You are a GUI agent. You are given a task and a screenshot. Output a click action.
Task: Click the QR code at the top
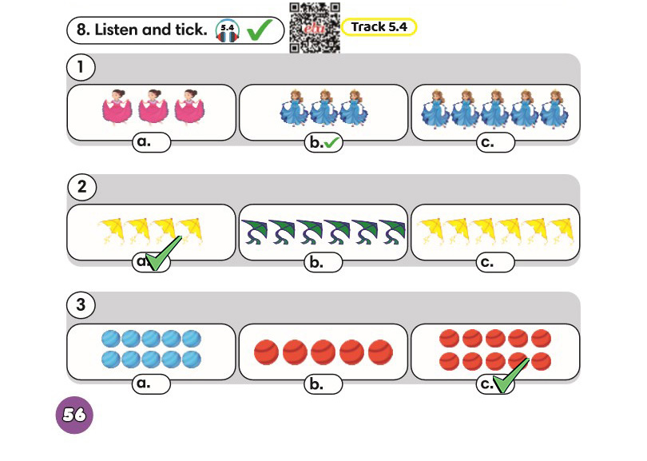(315, 28)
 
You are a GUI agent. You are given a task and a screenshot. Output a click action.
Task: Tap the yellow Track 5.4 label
(379, 27)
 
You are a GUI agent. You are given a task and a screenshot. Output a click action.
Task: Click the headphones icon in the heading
(228, 30)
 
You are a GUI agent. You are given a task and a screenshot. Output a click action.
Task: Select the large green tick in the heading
(259, 30)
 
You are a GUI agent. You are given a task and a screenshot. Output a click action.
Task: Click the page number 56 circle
(74, 415)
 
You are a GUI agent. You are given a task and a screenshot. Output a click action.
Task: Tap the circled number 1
(81, 67)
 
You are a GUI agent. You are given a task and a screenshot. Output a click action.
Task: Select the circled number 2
(82, 187)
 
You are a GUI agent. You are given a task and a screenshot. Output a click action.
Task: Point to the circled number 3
(81, 305)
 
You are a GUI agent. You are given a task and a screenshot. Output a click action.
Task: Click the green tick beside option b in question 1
(331, 143)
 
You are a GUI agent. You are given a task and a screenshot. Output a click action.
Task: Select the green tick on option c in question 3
(510, 376)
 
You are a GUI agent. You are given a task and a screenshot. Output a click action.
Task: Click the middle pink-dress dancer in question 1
(153, 106)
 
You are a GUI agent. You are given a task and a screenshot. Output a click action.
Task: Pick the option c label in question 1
(495, 142)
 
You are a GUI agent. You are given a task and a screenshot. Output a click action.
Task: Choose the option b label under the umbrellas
(323, 263)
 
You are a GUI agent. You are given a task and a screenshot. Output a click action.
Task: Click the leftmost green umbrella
(254, 232)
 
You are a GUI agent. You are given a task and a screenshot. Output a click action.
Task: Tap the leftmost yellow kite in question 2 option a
(111, 232)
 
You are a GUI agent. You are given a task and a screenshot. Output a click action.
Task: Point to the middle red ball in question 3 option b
(323, 352)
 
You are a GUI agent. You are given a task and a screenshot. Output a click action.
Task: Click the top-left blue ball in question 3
(111, 339)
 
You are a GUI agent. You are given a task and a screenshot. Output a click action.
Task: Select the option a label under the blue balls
(151, 384)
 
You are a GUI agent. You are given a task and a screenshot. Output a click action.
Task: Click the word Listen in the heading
(117, 30)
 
